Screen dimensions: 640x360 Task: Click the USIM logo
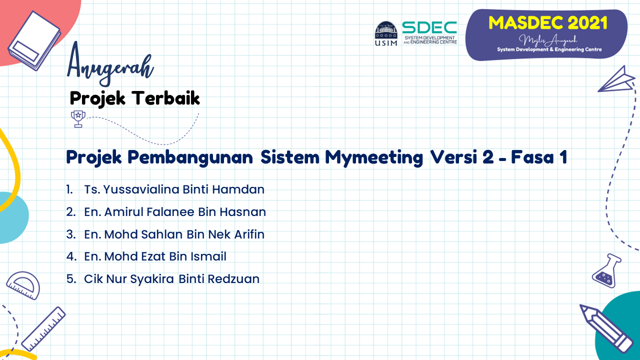(386, 33)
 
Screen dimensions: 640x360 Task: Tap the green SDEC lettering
(429, 27)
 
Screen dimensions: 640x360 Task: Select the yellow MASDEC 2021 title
(547, 23)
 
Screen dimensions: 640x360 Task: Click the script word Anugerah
(110, 64)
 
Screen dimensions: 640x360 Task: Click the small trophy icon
(78, 119)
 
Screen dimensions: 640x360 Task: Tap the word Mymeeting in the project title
(374, 157)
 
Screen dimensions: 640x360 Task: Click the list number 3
(71, 234)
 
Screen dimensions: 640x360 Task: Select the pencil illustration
(605, 328)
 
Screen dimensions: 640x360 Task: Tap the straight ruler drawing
(43, 329)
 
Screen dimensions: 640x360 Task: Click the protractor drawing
(23, 285)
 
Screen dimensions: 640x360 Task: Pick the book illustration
(34, 40)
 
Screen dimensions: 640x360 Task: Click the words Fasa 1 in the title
(539, 157)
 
